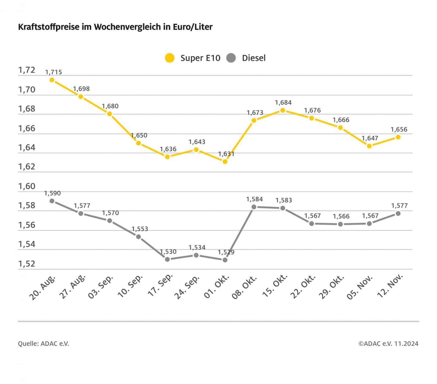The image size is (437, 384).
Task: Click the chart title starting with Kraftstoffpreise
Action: coord(115,27)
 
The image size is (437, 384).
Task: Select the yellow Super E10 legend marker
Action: coord(170,58)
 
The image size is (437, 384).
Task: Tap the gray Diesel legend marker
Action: coord(231,58)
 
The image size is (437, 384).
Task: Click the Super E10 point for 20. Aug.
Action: coord(52,80)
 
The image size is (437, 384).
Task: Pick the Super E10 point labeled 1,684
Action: coord(283,110)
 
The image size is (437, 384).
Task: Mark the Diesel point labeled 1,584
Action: coord(254,207)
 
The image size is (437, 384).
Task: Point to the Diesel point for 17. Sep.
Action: coord(167,259)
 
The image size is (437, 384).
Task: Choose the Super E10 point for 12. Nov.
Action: coord(398,137)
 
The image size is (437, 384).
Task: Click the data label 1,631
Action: coord(226,154)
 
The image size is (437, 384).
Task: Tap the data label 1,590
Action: coord(53,193)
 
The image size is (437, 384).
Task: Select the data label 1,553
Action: coord(140,229)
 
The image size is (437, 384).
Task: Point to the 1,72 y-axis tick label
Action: coord(27,70)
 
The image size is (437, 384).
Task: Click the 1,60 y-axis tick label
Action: coord(27,186)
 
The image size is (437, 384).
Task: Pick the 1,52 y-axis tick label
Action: coord(27,264)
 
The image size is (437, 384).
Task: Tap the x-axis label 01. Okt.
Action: coord(217,286)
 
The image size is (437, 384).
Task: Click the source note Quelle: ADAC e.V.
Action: coord(43,344)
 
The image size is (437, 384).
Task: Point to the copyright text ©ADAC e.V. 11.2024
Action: coord(388,344)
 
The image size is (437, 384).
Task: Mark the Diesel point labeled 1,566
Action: coord(340,224)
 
